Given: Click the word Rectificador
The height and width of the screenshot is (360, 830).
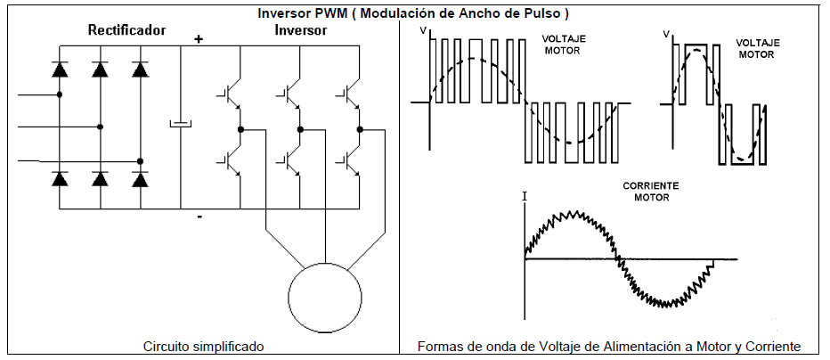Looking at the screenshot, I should coord(126,30).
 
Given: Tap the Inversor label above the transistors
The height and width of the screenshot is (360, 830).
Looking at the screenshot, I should coord(300,30).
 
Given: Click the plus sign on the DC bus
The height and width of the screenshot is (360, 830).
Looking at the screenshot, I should coord(199,38).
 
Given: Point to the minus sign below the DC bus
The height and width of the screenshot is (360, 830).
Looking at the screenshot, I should coord(199,217).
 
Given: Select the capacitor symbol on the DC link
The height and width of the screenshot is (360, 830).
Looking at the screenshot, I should coord(181,124).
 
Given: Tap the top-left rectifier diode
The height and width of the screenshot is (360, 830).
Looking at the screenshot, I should coord(60,69).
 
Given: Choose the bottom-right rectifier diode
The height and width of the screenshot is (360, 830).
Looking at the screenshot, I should coord(140,179).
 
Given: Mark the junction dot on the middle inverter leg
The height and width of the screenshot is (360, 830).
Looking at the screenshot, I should coord(301,129).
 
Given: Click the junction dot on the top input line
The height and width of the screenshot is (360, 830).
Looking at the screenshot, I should coord(60,94).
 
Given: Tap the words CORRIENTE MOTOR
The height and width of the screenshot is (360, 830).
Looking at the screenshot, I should coord(650,191).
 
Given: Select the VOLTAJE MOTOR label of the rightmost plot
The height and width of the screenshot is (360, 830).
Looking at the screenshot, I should coord(758,48).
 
